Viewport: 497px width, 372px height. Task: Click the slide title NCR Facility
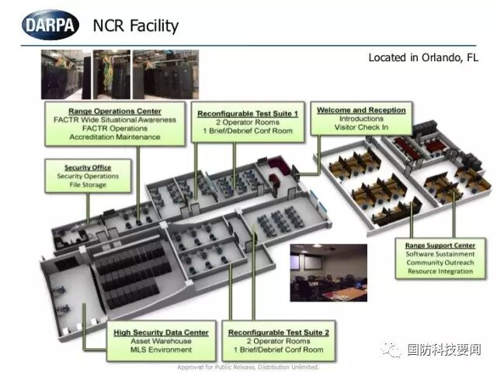(135, 26)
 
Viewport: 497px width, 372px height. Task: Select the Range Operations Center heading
(115, 111)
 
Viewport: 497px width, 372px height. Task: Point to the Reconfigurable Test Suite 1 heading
(247, 114)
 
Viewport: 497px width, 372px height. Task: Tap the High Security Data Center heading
(161, 332)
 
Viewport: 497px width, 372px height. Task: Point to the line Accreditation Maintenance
(115, 136)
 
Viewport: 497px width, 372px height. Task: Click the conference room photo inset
(328, 272)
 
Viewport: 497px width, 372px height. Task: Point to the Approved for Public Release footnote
(248, 367)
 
